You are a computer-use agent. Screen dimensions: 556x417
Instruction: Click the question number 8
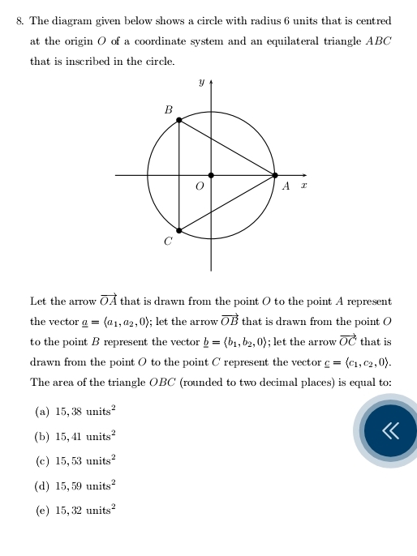pyautogui.click(x=20, y=21)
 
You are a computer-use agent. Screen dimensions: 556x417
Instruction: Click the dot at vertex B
pyautogui.click(x=178, y=120)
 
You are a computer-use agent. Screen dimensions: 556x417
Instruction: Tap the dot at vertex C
pyautogui.click(x=178, y=230)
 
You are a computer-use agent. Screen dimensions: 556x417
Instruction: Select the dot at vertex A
pyautogui.click(x=274, y=175)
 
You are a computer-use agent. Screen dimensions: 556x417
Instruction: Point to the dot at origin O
pyautogui.click(x=211, y=175)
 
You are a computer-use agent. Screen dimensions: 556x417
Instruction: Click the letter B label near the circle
pyautogui.click(x=169, y=109)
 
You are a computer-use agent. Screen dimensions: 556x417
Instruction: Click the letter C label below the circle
pyautogui.click(x=168, y=242)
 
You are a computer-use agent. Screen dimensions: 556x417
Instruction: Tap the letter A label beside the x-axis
pyautogui.click(x=286, y=186)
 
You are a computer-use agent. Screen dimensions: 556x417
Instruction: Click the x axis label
pyautogui.click(x=303, y=186)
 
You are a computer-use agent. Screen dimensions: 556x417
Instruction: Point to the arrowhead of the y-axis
pyautogui.click(x=211, y=81)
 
